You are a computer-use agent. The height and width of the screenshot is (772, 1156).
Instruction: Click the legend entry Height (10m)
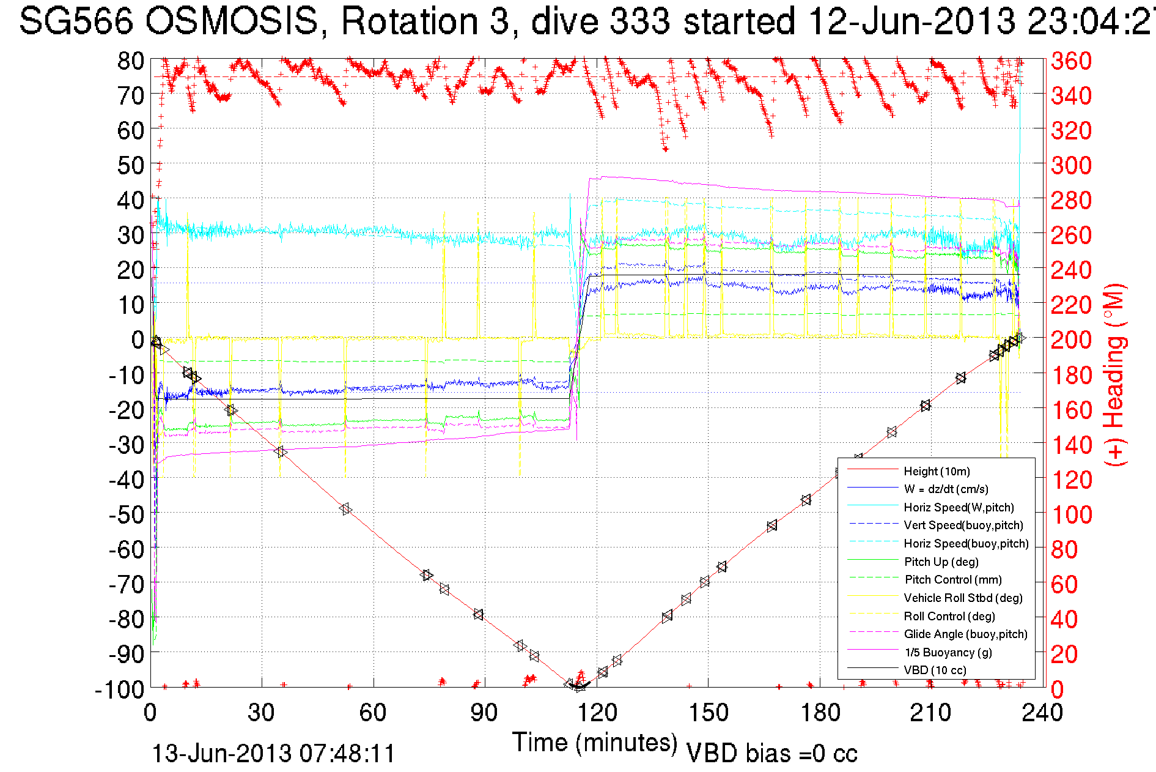tap(937, 471)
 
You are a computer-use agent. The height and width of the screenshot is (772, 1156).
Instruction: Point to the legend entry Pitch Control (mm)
tap(953, 579)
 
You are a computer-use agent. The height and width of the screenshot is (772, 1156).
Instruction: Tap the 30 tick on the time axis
tap(262, 713)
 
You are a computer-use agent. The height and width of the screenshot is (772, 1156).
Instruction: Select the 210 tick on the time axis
tap(930, 713)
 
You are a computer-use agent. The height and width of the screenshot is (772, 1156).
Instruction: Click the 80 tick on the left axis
tap(130, 61)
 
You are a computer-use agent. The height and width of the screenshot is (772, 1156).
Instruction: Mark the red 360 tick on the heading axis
tap(1071, 61)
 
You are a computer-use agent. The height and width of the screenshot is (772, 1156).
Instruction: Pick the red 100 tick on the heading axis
tap(1071, 514)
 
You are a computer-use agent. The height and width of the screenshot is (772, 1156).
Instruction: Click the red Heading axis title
tap(1114, 374)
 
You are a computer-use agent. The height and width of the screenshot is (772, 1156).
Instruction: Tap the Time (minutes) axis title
tap(595, 743)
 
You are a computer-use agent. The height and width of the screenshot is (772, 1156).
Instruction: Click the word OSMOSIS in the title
tap(232, 22)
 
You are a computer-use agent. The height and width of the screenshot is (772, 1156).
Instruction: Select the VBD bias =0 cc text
tap(771, 754)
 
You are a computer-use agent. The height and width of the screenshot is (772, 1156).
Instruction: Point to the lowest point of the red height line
tap(578, 686)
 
